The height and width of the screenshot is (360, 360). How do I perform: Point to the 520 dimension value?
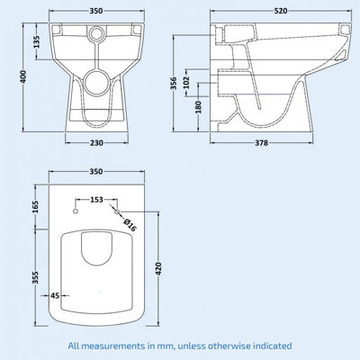[283, 13]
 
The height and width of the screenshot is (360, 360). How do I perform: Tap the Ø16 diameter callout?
[130, 224]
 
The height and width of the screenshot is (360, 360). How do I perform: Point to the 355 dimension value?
[37, 278]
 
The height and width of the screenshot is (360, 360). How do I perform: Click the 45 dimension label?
[55, 294]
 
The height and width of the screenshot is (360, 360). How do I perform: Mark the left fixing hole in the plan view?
[76, 211]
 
